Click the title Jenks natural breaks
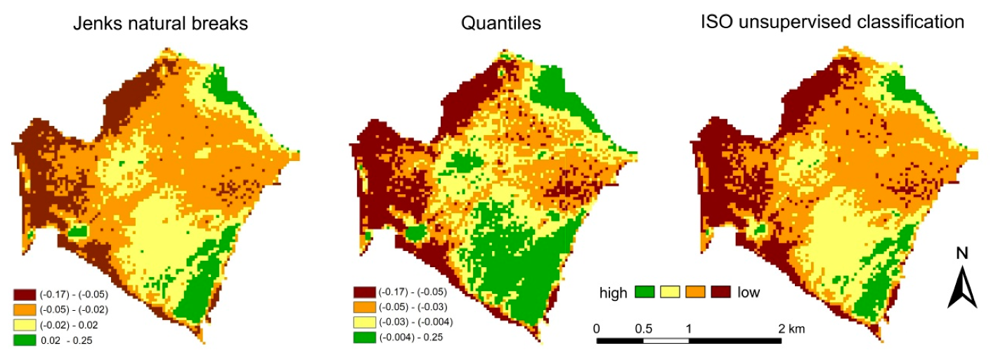161,23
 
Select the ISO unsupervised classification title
832,22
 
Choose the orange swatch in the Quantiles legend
363,307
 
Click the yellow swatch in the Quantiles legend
363,322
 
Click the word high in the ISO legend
614,292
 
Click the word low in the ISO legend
749,292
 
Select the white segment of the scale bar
666,341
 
